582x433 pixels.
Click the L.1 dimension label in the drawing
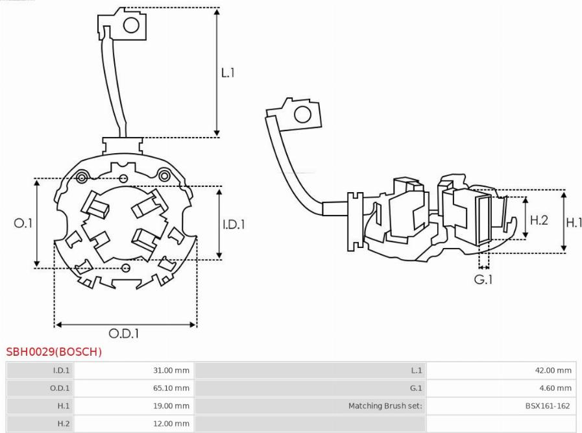[228, 73]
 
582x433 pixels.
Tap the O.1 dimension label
[23, 223]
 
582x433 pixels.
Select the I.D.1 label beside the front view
[234, 225]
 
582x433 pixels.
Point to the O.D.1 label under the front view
[123, 334]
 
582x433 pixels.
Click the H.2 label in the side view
[539, 220]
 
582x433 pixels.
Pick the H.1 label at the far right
[574, 223]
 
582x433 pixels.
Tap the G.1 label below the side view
[483, 279]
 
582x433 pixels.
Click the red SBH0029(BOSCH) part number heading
[54, 352]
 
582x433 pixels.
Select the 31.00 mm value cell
[171, 370]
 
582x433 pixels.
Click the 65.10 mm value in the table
[171, 388]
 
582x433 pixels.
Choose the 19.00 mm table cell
[171, 406]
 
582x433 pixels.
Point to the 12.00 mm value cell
[171, 423]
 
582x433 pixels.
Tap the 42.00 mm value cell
[553, 370]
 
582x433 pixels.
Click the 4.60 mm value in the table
[555, 388]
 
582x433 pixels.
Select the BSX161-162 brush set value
[548, 406]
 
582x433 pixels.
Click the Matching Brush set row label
[385, 406]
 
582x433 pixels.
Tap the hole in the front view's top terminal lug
[131, 25]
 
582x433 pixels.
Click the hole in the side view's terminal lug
[302, 115]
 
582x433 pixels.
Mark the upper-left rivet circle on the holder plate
[82, 177]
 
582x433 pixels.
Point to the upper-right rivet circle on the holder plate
[164, 175]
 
